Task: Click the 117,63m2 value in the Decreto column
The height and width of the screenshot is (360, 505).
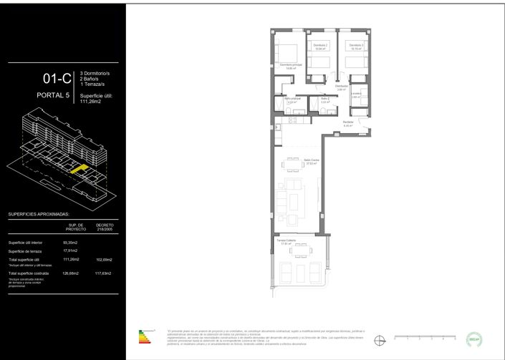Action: coord(104,273)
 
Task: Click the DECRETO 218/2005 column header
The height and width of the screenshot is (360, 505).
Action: coord(104,227)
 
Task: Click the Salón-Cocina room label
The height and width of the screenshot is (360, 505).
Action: coord(310,161)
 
